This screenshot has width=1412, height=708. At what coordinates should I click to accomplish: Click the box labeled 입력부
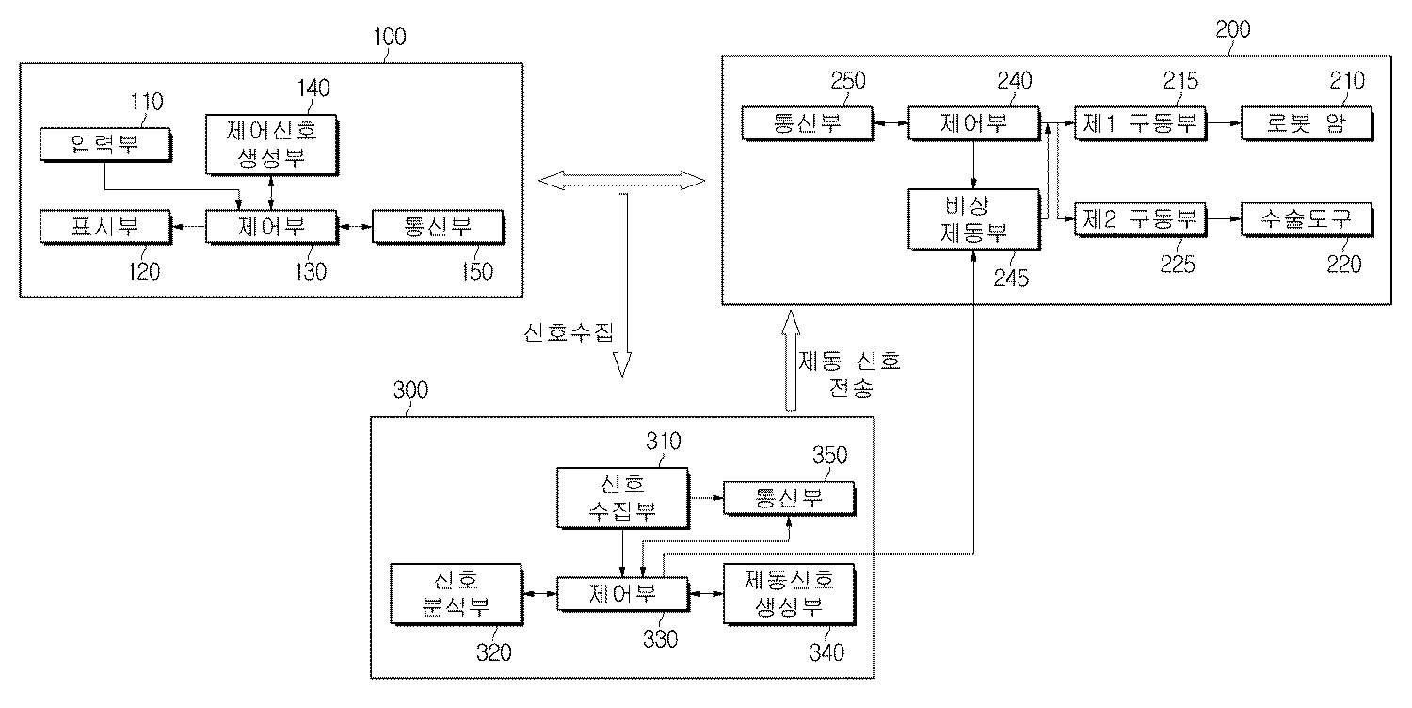(104, 144)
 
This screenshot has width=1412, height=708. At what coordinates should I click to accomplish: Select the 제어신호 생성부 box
(271, 145)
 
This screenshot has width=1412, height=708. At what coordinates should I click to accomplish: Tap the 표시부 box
(104, 227)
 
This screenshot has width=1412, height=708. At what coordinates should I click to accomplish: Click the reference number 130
(310, 272)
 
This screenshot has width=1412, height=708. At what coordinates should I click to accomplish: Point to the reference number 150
(476, 272)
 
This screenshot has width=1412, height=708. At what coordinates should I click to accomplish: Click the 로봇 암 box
(1304, 123)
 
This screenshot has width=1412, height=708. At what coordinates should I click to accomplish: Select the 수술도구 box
(1304, 219)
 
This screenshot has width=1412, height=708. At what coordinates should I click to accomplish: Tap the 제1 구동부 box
(1140, 123)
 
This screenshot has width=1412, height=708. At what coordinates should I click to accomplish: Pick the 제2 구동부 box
(1140, 219)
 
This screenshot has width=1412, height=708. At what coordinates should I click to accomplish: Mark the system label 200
(1232, 29)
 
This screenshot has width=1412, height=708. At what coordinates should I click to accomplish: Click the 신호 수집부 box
(622, 498)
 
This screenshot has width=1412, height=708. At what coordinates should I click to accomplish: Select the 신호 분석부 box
(456, 594)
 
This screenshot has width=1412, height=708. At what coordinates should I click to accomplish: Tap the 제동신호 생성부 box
(789, 594)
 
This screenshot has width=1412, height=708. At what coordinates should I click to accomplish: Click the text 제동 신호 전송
(849, 374)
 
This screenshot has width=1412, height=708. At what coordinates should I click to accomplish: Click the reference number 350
(829, 456)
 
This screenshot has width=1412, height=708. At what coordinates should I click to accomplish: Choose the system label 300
(409, 391)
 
